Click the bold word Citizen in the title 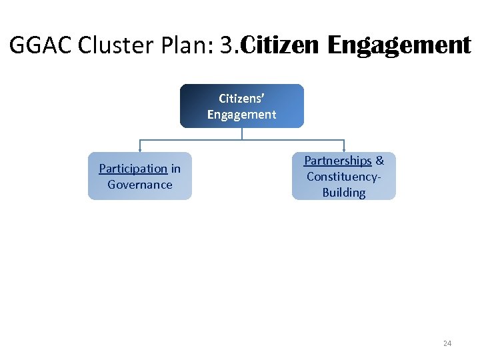click(280, 45)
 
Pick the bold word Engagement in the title click(399, 45)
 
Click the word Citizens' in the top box click(241, 98)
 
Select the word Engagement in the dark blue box click(241, 114)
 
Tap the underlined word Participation click(133, 169)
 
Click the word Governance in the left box click(140, 185)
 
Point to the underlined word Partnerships click(337, 161)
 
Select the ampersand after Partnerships click(380, 161)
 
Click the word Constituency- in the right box click(343, 177)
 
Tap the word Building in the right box click(343, 193)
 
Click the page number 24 click(447, 343)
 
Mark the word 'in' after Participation click(175, 169)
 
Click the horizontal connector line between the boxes click(200, 140)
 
